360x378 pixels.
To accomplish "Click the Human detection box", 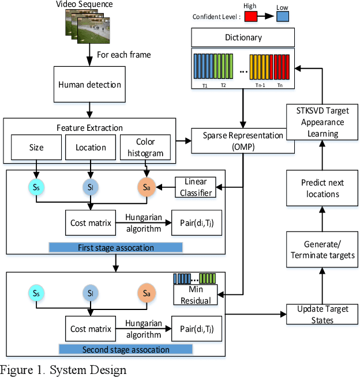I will point(89,85).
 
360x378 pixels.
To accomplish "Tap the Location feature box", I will point(91,148).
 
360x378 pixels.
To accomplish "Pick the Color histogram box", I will point(145,148).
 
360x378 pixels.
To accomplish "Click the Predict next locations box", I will point(322,188).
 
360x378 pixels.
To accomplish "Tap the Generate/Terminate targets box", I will point(322,250).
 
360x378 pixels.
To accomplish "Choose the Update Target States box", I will point(322,315).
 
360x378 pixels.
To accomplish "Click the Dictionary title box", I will point(243,38).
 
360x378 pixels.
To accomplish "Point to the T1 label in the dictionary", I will point(204,84).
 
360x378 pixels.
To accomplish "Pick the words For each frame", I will point(123,55).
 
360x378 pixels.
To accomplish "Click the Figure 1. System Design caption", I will point(63,370).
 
